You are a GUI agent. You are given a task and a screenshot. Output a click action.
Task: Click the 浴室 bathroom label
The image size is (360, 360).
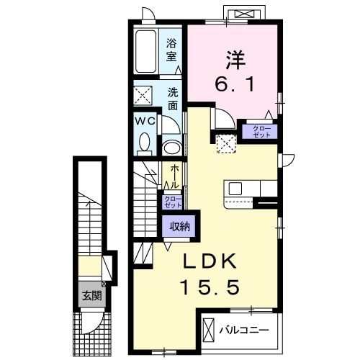pos(173,48)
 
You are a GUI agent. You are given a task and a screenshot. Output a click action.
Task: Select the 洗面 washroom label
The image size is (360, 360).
pos(173,99)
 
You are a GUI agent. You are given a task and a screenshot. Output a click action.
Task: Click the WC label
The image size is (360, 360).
pos(145,121)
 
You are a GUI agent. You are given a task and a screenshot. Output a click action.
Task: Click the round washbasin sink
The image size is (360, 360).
pos(172,148)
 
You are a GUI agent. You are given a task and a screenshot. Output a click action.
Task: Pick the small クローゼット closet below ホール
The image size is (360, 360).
pos(172,202)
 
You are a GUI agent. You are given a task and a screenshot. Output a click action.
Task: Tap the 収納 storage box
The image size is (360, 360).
pos(179,226)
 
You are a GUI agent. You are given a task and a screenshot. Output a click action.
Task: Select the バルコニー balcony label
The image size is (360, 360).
pos(244,330)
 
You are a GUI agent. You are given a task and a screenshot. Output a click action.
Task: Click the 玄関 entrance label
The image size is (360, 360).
pos(91,295)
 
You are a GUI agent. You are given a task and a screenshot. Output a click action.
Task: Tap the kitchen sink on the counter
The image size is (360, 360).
pos(236,189)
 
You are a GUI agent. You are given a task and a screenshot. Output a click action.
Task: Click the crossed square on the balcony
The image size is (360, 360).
pos(209,330)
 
